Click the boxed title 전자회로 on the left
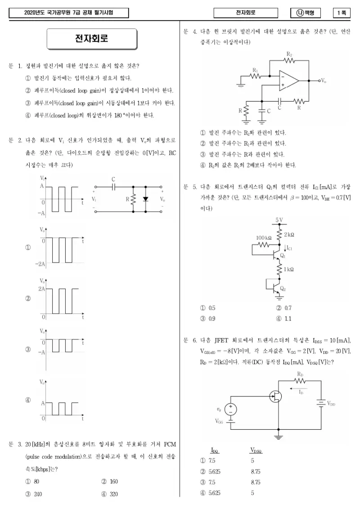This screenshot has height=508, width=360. pos(92,39)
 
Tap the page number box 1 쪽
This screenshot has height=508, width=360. pos(342,13)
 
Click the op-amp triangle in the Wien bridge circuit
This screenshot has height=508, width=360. pos(288,80)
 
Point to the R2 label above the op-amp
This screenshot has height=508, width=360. pos(289,54)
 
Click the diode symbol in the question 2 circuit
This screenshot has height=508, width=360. pos(146,199)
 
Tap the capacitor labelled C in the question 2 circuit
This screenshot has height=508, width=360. pos(113,187)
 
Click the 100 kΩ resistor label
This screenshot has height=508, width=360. pos(264,237)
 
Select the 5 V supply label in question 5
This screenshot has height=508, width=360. pos(279,220)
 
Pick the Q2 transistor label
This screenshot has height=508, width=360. pos(283,288)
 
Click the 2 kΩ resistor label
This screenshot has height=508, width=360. pos(289,235)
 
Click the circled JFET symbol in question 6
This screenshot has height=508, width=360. pos(276,396)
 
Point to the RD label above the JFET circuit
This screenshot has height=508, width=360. pos(300,374)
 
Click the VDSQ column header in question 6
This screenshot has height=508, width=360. pos(256,450)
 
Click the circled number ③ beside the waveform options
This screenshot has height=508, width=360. pos(28,350)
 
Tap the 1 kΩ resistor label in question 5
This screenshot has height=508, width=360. pos(288,269)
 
